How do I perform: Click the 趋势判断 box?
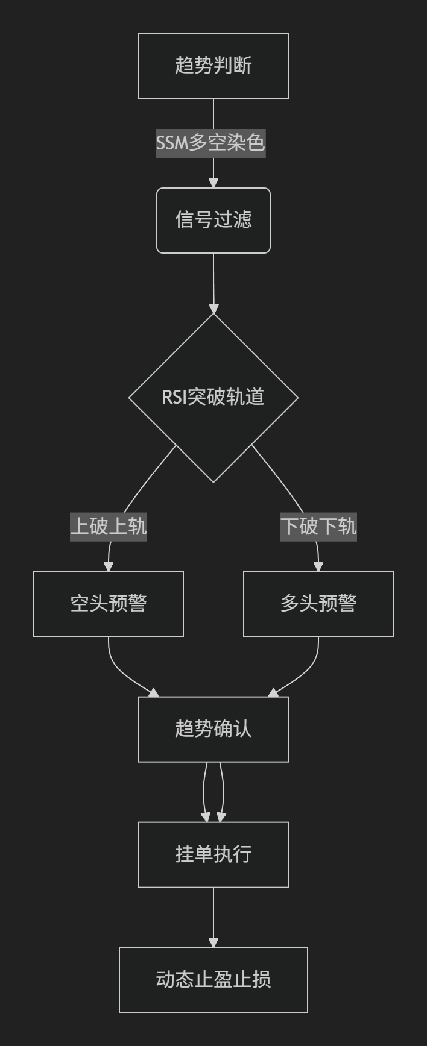(213, 66)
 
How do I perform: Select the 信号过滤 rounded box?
(213, 221)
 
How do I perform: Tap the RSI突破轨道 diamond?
(213, 398)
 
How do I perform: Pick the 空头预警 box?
(109, 604)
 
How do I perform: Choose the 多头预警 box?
(318, 604)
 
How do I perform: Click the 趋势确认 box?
(213, 729)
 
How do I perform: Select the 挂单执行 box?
(213, 854)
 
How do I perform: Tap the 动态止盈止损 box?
(213, 980)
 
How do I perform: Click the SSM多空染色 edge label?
(210, 143)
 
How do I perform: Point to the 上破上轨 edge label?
(109, 527)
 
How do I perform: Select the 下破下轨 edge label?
(318, 527)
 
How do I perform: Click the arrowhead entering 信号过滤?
(213, 183)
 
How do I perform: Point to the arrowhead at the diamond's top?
(213, 308)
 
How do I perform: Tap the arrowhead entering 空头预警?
(109, 566)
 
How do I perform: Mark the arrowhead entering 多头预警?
(318, 566)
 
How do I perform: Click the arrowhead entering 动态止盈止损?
(213, 942)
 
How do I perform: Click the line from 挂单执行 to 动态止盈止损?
(213, 913)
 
